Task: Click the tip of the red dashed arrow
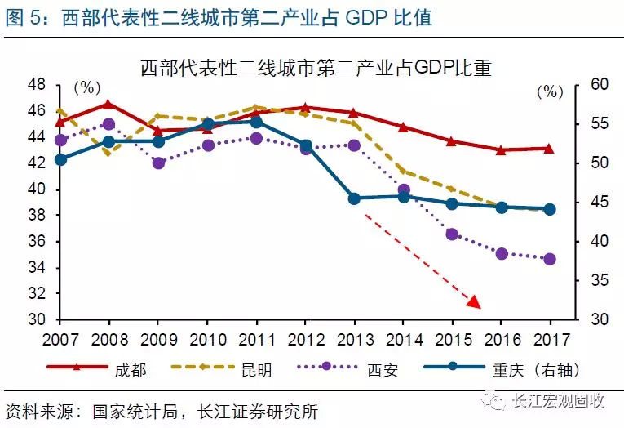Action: pos(478,306)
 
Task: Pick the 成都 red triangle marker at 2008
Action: pos(109,105)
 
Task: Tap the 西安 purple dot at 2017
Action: pos(550,259)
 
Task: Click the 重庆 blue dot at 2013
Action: pos(354,198)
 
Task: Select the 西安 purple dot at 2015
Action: pos(452,234)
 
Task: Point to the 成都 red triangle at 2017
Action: pos(550,149)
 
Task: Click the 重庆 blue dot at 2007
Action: pos(60,159)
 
